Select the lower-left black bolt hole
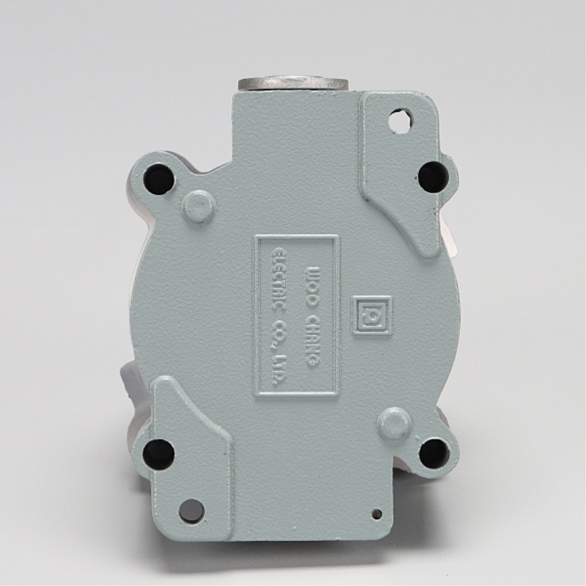[158, 453]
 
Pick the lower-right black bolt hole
[434, 453]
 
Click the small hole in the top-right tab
[400, 120]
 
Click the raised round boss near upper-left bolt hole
[199, 206]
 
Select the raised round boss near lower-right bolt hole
[394, 424]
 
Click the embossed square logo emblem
[372, 315]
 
